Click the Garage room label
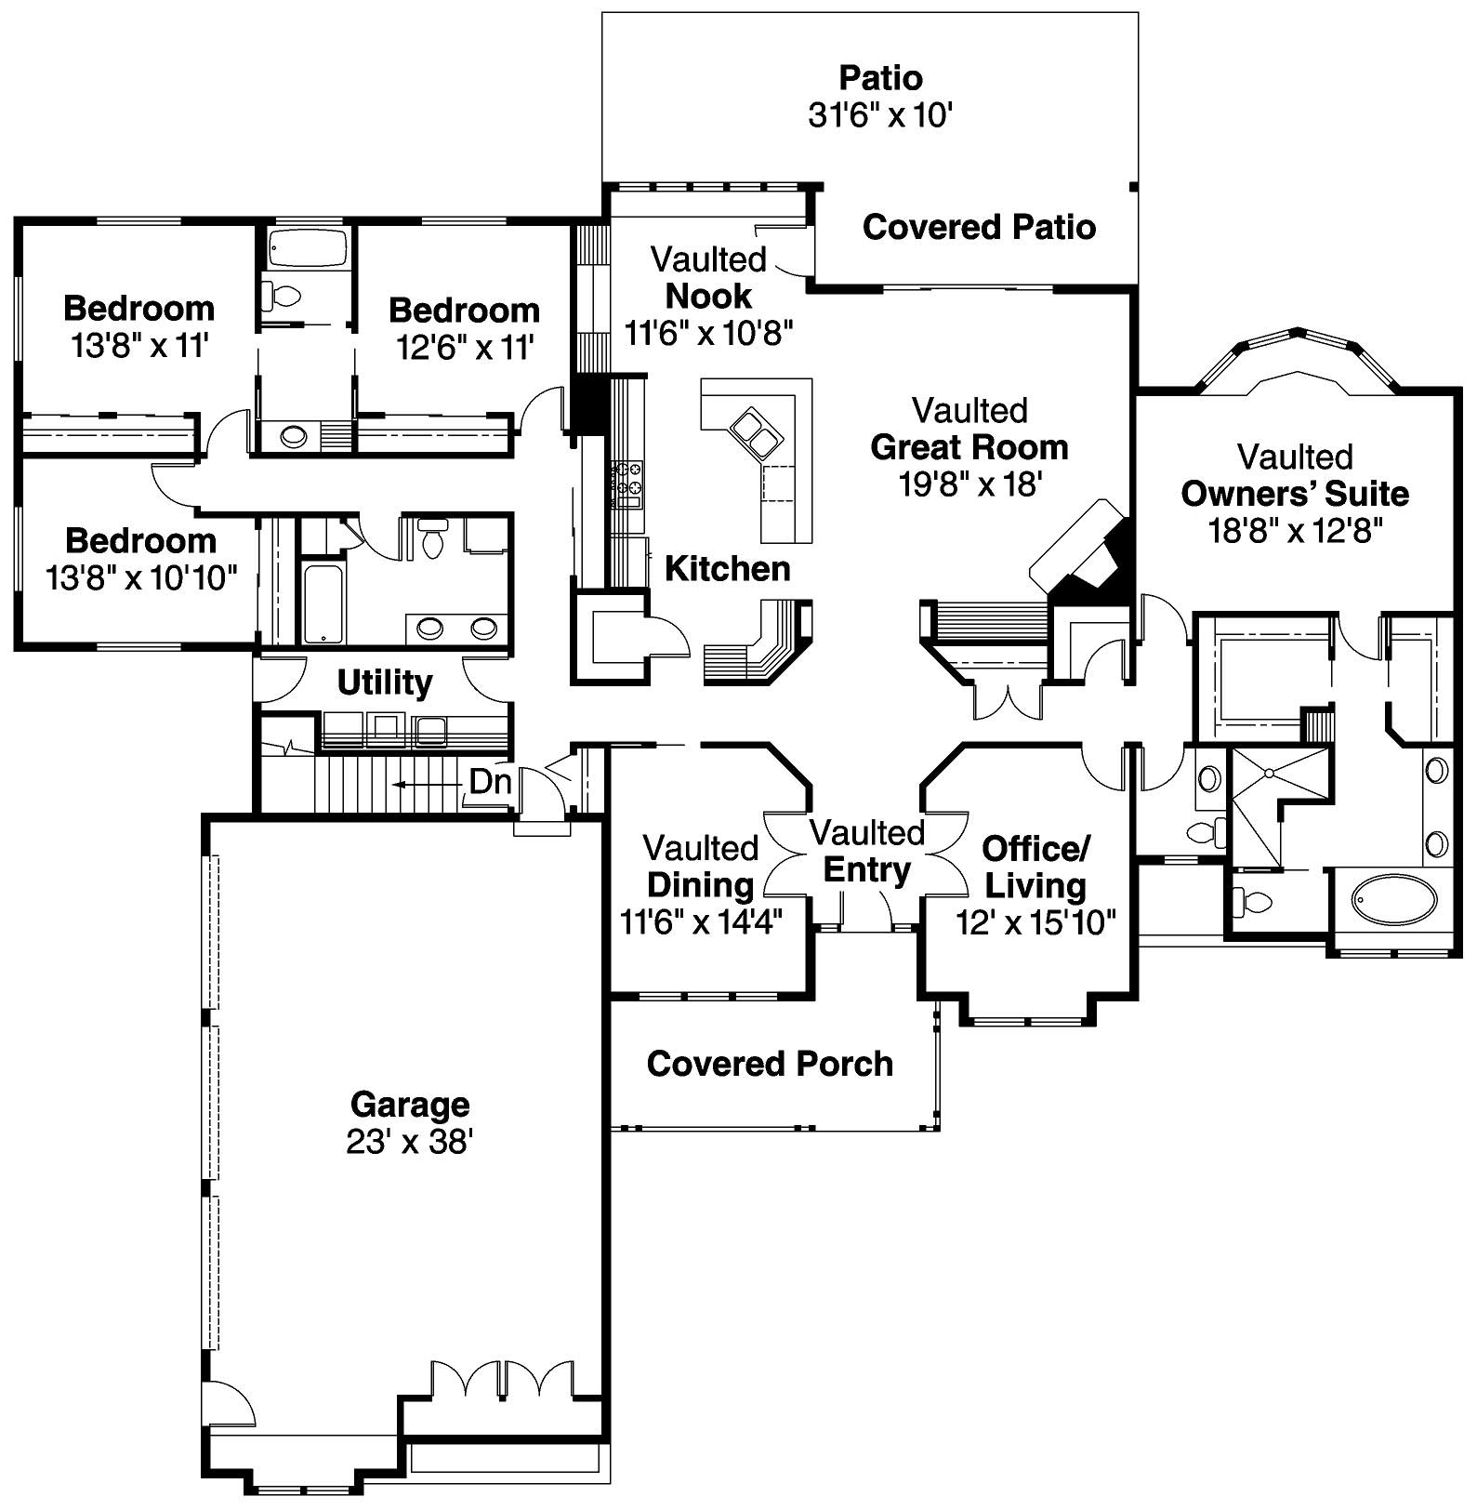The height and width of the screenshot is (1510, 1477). point(410,1105)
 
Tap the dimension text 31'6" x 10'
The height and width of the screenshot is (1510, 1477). point(880,115)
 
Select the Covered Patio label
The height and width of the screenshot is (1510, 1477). point(979,227)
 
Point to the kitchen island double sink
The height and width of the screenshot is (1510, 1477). point(756,433)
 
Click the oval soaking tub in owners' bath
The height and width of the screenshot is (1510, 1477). point(1392,899)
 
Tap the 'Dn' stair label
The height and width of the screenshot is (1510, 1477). point(490,782)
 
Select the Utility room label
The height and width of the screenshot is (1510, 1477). point(384,682)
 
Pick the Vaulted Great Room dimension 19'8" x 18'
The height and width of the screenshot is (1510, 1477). point(969,484)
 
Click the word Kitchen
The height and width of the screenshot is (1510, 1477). point(728,568)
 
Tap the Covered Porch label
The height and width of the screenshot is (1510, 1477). point(770,1064)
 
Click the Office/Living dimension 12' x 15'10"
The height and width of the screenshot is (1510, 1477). point(1035,922)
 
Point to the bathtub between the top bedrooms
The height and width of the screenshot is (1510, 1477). point(307,249)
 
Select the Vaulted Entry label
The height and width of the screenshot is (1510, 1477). point(867,852)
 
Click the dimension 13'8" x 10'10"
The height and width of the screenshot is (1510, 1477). point(141,578)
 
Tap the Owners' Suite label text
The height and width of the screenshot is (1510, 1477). point(1295,494)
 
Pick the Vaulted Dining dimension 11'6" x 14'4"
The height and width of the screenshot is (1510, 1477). point(701,921)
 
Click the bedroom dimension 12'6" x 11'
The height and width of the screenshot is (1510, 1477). point(464,347)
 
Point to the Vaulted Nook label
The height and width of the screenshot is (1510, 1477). point(708,277)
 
